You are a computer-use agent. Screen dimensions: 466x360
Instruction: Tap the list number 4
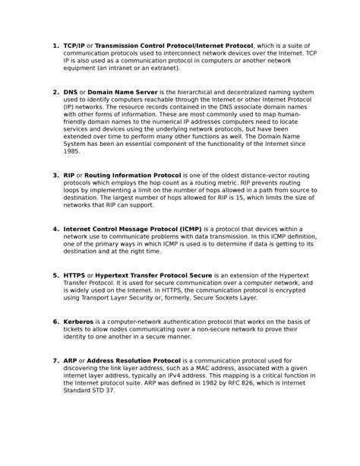55,228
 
